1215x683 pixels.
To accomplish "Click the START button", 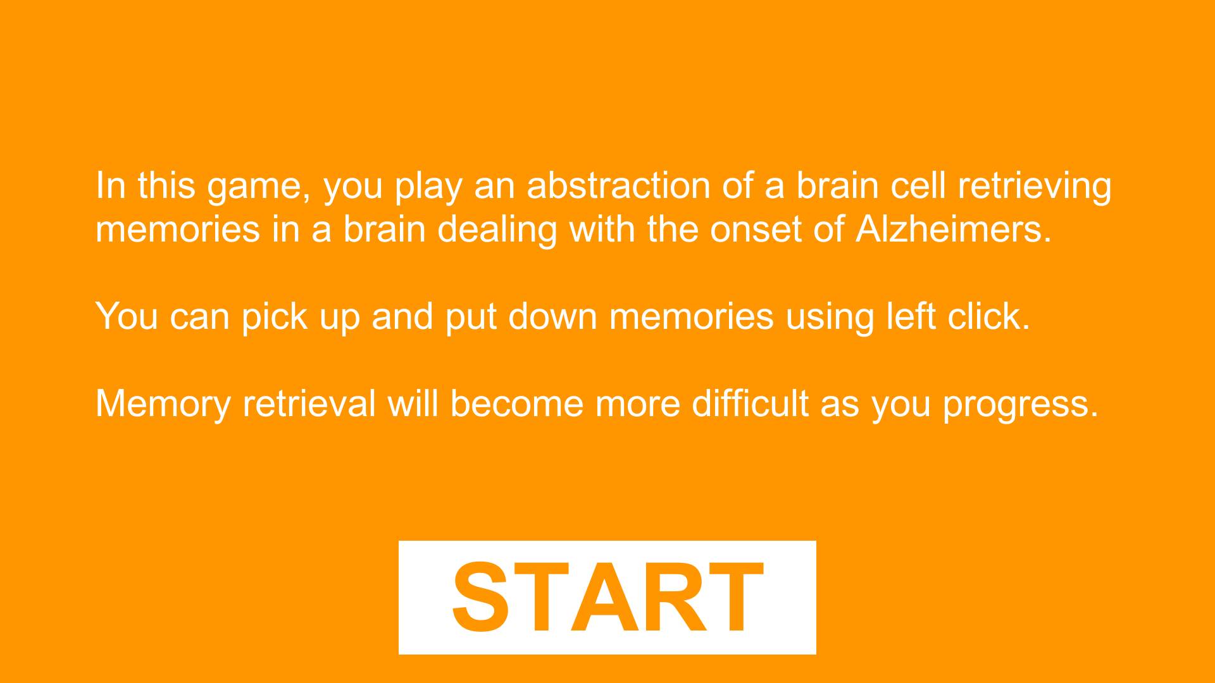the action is pyautogui.click(x=607, y=598).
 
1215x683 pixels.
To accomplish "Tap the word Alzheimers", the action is pyautogui.click(x=954, y=229).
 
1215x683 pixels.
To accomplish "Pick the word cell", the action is pyautogui.click(x=918, y=186).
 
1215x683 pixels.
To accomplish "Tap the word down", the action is pyautogui.click(x=552, y=316).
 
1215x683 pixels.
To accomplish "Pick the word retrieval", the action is pyautogui.click(x=309, y=403).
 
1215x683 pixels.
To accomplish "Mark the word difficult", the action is pyautogui.click(x=750, y=403).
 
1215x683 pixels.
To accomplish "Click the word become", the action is pyautogui.click(x=516, y=403).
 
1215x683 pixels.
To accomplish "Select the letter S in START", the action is pyautogui.click(x=481, y=597).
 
